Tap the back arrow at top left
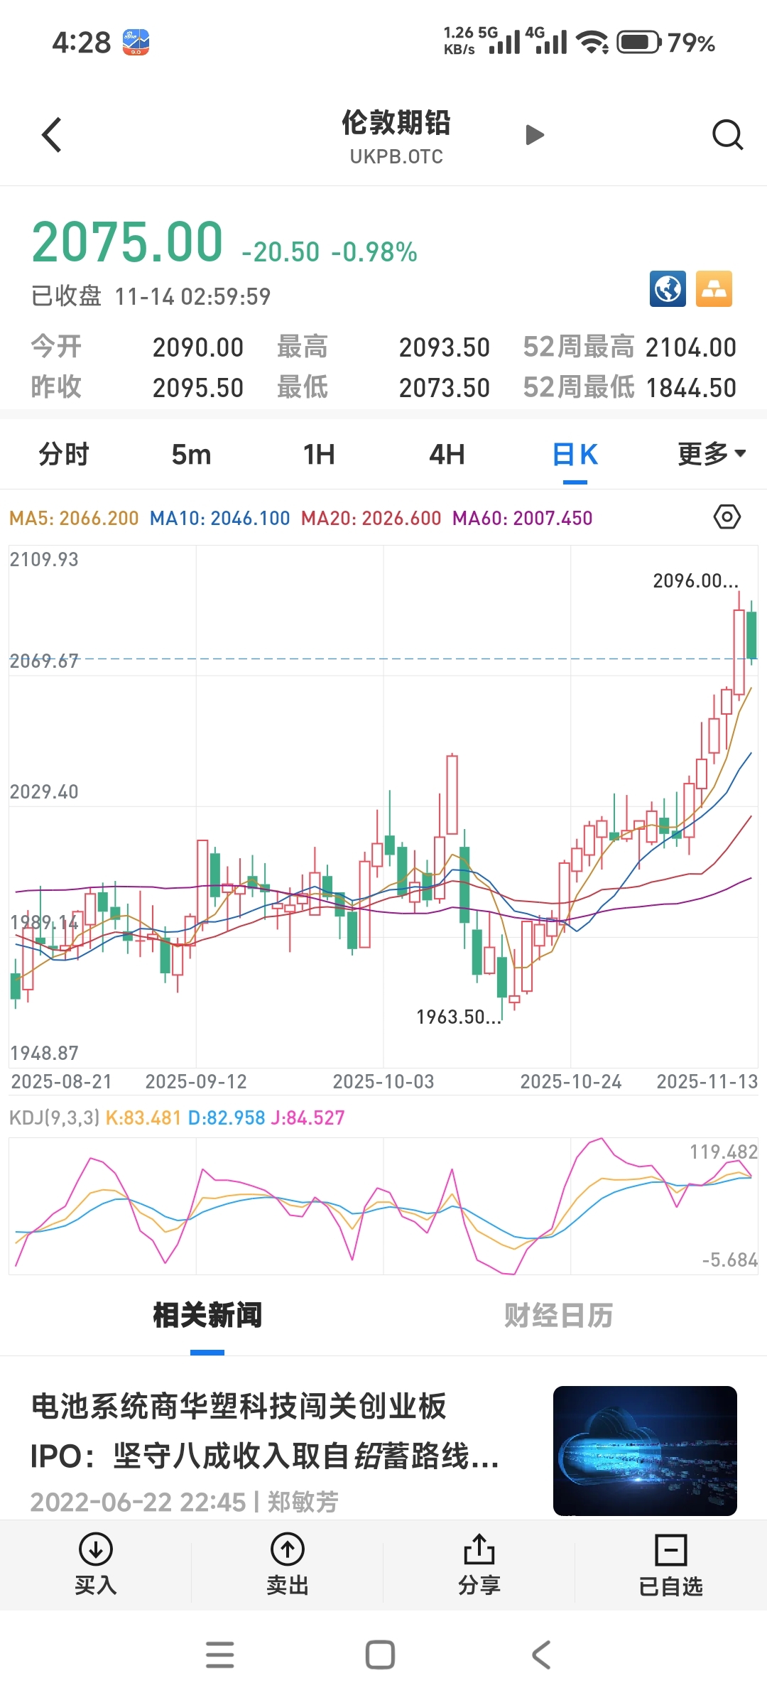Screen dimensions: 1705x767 coord(52,135)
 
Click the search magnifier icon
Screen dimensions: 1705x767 coord(727,134)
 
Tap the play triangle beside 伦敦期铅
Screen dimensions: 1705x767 coord(534,135)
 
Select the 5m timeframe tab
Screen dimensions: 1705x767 coord(191,455)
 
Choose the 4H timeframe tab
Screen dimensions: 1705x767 coord(447,455)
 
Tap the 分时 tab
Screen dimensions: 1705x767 coord(64,455)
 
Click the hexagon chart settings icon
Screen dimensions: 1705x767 coord(727,516)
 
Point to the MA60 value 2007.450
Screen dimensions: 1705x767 coord(553,519)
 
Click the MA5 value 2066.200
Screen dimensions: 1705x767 coord(99,519)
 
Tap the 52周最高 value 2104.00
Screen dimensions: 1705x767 coord(690,347)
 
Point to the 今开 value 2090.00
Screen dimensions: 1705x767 coord(198,347)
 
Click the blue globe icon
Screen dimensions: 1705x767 coord(668,289)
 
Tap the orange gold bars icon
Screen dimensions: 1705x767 coord(714,289)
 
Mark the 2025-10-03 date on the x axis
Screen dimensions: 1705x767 coord(383,1082)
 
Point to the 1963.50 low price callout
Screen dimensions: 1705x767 coord(458,1017)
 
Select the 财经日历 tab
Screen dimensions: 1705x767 coord(558,1316)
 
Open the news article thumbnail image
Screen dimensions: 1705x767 coord(645,1450)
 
